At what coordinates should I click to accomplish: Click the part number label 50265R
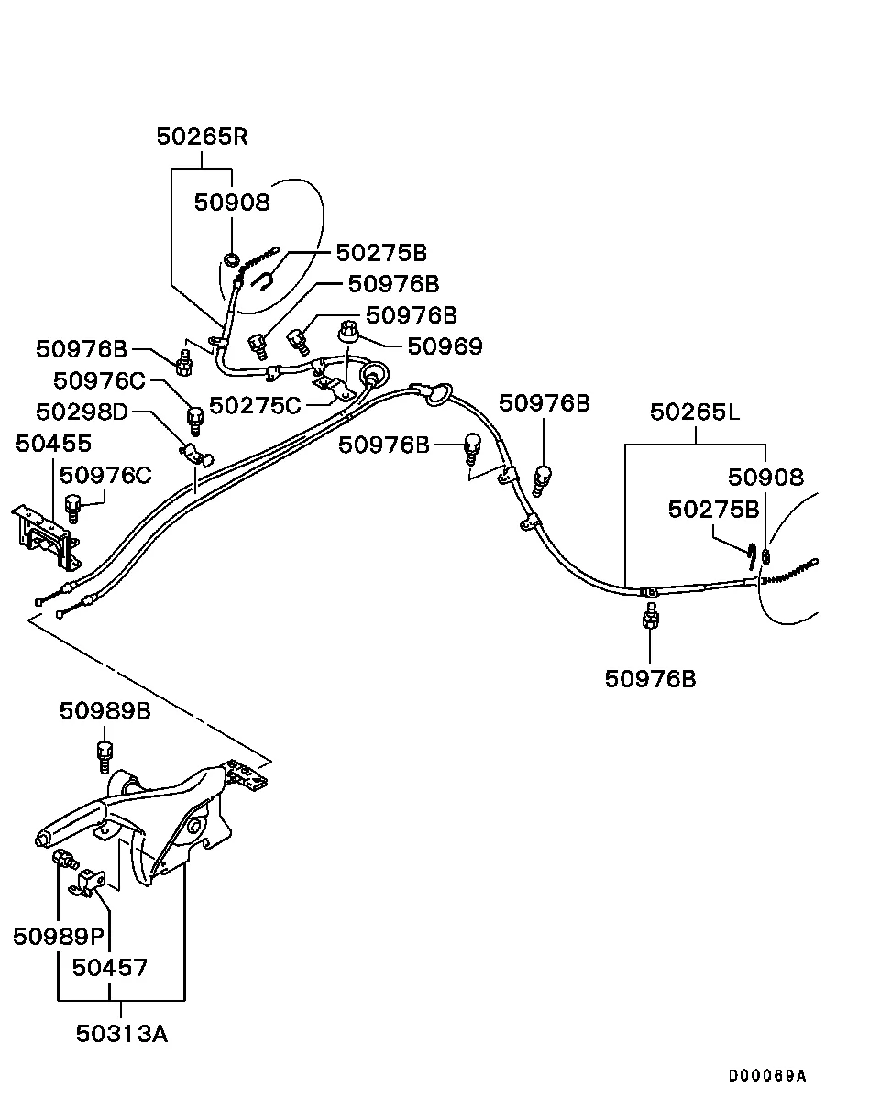pyautogui.click(x=202, y=137)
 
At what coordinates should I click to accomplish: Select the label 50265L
pyautogui.click(x=695, y=412)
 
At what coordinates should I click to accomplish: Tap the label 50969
pyautogui.click(x=445, y=346)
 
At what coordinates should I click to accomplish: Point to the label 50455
pyautogui.click(x=53, y=444)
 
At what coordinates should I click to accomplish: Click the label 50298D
pyautogui.click(x=82, y=412)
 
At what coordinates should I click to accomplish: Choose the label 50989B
pyautogui.click(x=105, y=710)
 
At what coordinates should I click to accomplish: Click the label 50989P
pyautogui.click(x=59, y=936)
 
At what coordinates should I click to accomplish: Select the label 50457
pyautogui.click(x=110, y=967)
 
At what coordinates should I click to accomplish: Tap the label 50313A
pyautogui.click(x=122, y=1034)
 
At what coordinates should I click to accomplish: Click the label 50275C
pyautogui.click(x=255, y=405)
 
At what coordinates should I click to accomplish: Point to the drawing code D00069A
pyautogui.click(x=767, y=1076)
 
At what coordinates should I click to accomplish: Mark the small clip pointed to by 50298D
pyautogui.click(x=192, y=452)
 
